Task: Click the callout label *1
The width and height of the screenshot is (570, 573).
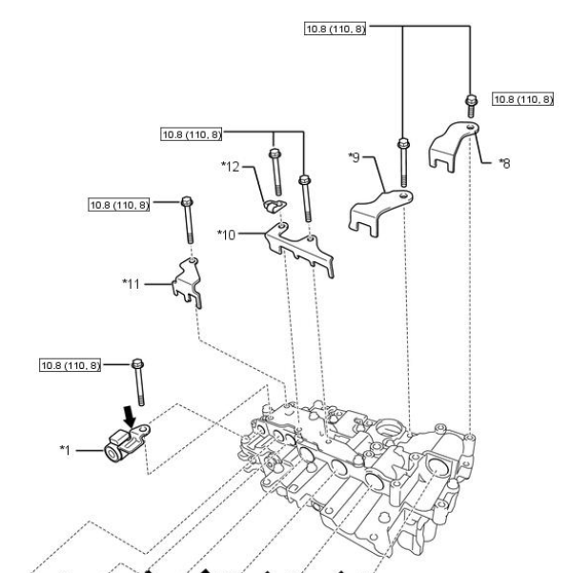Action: (65, 450)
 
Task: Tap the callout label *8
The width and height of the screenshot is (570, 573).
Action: (504, 163)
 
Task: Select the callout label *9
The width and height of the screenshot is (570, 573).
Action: (354, 157)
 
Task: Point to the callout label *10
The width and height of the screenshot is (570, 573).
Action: (227, 235)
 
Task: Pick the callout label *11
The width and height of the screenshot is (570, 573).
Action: (132, 283)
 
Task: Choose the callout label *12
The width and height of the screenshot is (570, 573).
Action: (231, 167)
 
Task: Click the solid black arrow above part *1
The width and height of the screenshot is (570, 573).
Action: (129, 417)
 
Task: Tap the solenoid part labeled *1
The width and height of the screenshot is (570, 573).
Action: (126, 443)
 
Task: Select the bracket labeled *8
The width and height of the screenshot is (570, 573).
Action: (453, 146)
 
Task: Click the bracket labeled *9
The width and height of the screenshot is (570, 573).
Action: (380, 213)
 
